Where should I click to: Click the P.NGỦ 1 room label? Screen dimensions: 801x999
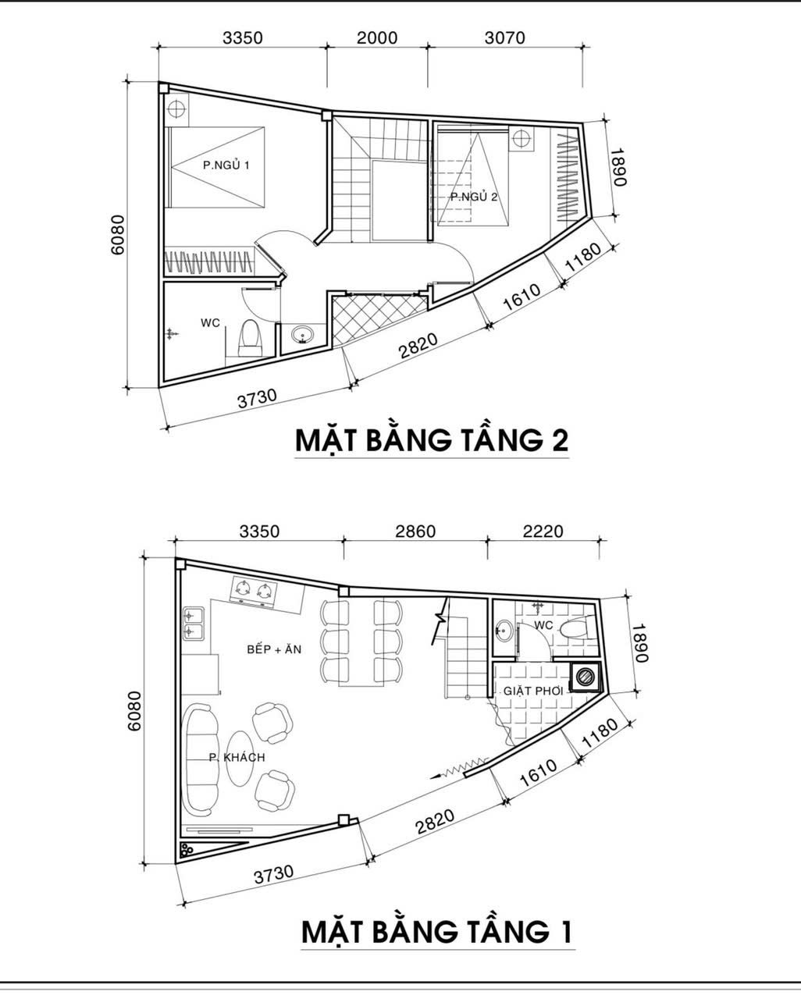coord(226,165)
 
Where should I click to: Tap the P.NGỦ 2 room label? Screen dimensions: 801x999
coord(474,197)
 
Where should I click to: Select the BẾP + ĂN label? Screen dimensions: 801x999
coord(274,649)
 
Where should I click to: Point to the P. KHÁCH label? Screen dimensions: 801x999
coord(237,758)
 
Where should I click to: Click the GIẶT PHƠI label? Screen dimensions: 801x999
coord(533,691)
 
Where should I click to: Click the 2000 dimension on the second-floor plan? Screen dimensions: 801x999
coord(377,37)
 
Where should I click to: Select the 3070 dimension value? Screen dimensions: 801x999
coord(505,37)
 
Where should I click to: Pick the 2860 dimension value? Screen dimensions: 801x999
coord(415,531)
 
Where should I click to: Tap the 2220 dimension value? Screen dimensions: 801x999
coord(543,531)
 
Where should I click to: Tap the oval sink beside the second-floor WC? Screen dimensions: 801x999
coord(303,334)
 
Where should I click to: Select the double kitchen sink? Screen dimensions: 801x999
coord(193,624)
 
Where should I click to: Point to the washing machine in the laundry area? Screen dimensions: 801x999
coord(585,677)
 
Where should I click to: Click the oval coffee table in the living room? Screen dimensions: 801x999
coord(240,759)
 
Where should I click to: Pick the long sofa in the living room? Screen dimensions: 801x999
coord(202,759)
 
